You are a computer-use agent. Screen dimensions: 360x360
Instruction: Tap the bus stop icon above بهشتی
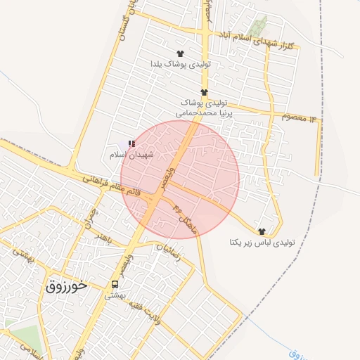(x=114, y=284)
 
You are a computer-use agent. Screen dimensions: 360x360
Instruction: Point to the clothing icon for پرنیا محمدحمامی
(x=204, y=92)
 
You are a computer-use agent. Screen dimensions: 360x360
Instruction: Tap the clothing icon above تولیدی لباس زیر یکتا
(x=262, y=231)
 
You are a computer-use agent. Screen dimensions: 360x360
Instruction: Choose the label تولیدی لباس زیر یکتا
(x=262, y=242)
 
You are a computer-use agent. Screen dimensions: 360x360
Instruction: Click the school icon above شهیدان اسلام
(x=131, y=143)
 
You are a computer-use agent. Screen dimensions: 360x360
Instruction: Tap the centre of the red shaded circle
(x=180, y=180)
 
